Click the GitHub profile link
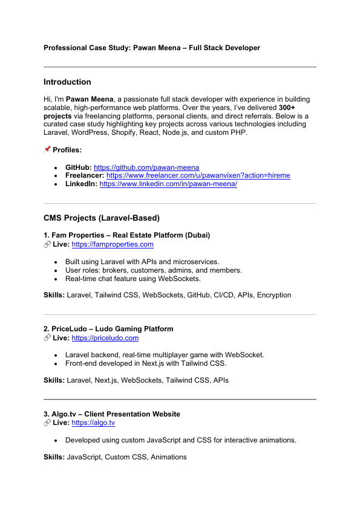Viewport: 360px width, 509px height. [146, 167]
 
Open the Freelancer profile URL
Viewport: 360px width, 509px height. [198, 175]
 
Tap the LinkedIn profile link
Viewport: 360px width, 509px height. [168, 184]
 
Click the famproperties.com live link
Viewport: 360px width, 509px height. [113, 244]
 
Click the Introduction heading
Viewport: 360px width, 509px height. [67, 82]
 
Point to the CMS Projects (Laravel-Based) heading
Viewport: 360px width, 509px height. [101, 218]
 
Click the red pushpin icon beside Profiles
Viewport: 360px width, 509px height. [47, 149]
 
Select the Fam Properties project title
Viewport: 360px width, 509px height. [126, 235]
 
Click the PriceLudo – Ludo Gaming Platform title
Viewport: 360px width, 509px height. [108, 329]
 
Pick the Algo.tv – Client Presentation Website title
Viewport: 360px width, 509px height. [112, 414]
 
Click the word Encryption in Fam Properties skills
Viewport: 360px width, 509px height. [273, 295]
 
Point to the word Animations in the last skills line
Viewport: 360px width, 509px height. [169, 457]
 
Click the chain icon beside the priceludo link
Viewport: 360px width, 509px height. [47, 338]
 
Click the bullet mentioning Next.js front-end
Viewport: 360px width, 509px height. [145, 364]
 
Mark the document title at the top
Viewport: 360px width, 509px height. [152, 48]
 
